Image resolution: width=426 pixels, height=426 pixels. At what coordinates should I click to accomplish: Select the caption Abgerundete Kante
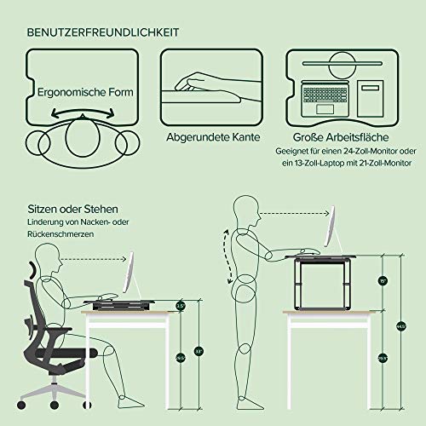click(x=214, y=137)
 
